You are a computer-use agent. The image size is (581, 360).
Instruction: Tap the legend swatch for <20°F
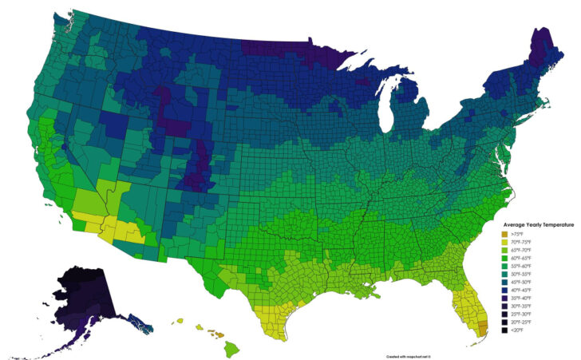[504, 330]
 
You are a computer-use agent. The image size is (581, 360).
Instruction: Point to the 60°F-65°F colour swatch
[504, 258]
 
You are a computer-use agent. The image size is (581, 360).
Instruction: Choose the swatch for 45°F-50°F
[504, 282]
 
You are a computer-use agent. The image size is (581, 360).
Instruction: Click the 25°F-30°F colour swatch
[504, 314]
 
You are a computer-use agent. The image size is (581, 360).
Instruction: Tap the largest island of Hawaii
[232, 348]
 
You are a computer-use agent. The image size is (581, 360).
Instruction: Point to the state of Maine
[544, 56]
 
